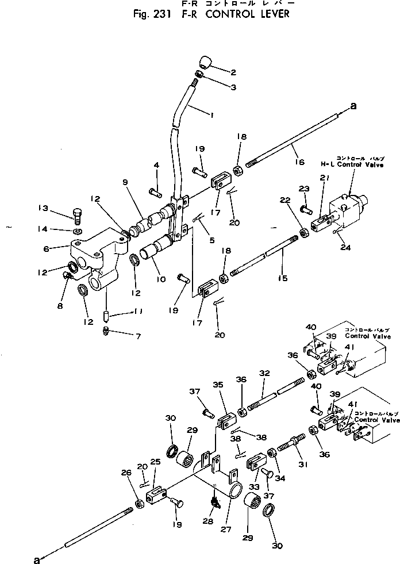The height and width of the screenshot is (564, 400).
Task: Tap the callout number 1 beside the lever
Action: [x=212, y=116]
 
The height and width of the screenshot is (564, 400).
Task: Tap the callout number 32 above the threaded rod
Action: [x=264, y=373]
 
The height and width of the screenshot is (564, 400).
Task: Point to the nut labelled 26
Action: [x=139, y=504]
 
